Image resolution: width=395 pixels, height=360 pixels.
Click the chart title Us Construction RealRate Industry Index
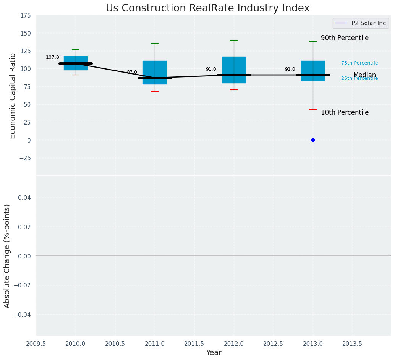[x=207, y=8]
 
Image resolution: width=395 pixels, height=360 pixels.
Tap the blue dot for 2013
[x=313, y=140]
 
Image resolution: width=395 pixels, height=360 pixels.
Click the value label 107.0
[x=52, y=57]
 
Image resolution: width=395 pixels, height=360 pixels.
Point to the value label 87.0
[x=132, y=72]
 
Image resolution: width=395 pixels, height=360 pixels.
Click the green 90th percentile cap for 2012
[x=234, y=40]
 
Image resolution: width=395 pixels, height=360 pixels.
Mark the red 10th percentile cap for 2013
[x=313, y=109]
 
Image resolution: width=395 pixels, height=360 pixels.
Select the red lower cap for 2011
[x=155, y=91]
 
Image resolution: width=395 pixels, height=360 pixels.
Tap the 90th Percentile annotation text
[x=345, y=38]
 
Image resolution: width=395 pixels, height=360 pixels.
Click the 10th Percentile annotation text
[x=345, y=113]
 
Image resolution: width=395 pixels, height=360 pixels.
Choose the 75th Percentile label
[x=359, y=63]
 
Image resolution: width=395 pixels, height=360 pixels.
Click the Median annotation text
[x=364, y=75]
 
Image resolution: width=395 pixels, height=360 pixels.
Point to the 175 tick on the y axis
[x=26, y=16]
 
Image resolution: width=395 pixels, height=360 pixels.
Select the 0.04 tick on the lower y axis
[x=25, y=198]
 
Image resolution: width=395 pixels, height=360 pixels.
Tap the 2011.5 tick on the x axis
[x=194, y=344]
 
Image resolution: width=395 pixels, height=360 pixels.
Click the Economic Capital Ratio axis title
[x=13, y=96]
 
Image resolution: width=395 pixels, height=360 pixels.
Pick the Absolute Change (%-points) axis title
[x=7, y=256]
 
